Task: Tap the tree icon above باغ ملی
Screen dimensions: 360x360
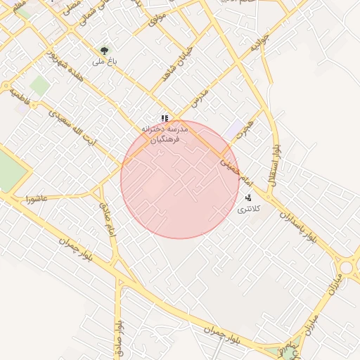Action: (x=104, y=51)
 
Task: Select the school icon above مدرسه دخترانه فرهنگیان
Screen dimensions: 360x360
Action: (x=164, y=119)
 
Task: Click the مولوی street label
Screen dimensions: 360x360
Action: (x=157, y=19)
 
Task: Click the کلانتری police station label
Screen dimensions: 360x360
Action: (x=249, y=209)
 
